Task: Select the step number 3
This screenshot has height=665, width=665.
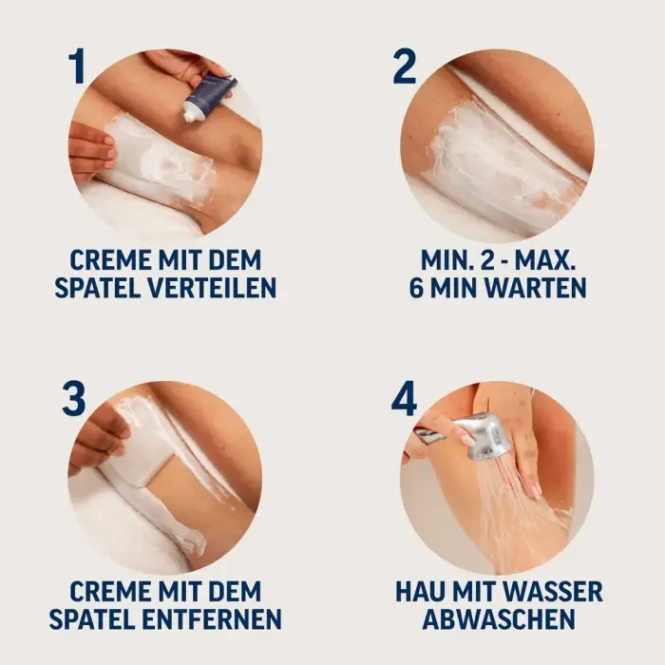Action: pos(74,398)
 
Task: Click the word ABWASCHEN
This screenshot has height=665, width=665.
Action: pos(499,618)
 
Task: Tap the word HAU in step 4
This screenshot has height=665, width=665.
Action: pos(427,591)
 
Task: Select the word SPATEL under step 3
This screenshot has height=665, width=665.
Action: pos(99,618)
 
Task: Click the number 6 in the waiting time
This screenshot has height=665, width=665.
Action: pos(420,286)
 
